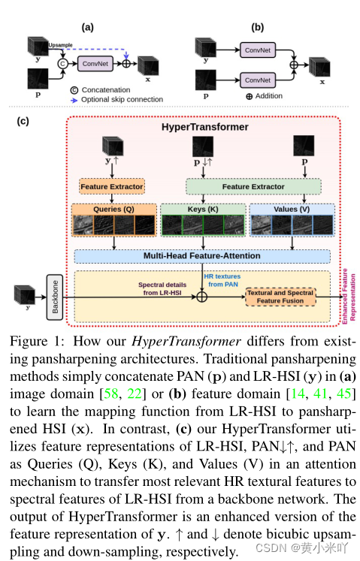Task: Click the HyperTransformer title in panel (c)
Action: click(204, 127)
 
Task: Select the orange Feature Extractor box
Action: click(111, 185)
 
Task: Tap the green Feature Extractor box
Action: click(253, 185)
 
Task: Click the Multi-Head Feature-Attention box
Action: click(202, 256)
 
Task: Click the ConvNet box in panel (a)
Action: click(96, 64)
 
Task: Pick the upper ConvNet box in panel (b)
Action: click(257, 50)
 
